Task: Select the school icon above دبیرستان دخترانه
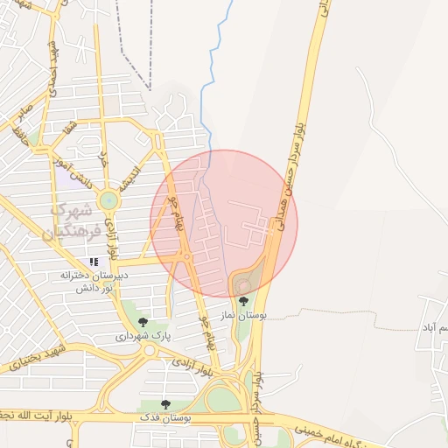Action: pyautogui.click(x=94, y=262)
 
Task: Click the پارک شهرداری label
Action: pyautogui.click(x=143, y=335)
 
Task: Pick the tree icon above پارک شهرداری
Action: pyautogui.click(x=143, y=322)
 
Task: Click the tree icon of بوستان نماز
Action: pyautogui.click(x=244, y=300)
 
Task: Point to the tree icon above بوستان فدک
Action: pyautogui.click(x=165, y=403)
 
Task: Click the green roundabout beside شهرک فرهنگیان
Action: pyautogui.click(x=108, y=200)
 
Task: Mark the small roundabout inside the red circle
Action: pyautogui.click(x=186, y=255)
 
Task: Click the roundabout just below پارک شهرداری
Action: pyautogui.click(x=150, y=350)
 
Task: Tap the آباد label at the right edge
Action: pyautogui.click(x=435, y=327)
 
